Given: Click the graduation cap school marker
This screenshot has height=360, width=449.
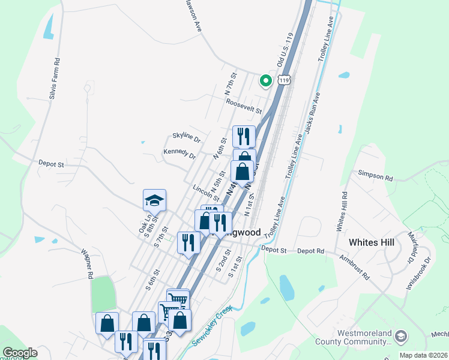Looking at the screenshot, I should click(x=154, y=200).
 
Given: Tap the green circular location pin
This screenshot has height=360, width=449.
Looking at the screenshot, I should click(x=265, y=80).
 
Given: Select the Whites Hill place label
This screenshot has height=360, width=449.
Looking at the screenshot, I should click(x=372, y=242).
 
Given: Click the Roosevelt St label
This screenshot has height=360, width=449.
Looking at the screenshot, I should click(x=244, y=107).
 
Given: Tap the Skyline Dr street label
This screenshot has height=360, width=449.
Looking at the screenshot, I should click(x=186, y=137).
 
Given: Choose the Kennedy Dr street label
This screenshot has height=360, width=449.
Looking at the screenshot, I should click(x=179, y=154).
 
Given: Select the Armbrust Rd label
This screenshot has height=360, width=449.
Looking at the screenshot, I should click(x=356, y=269).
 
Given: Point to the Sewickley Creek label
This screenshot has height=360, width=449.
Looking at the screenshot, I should click(x=211, y=328).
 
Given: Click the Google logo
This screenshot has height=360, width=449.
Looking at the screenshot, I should click(x=20, y=353).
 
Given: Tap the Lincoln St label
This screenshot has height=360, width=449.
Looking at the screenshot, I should click(x=205, y=193).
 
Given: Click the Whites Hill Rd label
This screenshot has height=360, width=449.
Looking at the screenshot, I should click(x=342, y=212).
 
